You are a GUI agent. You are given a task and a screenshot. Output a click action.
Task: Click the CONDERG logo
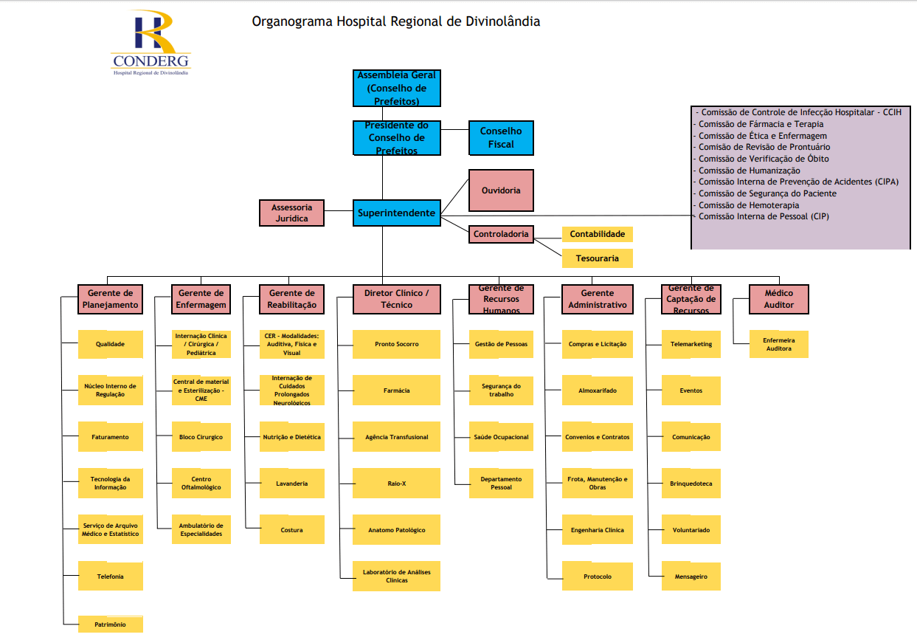tap(150, 43)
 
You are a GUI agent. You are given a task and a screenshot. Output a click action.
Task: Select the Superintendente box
tap(397, 213)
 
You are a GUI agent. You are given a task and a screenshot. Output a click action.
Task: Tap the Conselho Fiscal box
tap(501, 137)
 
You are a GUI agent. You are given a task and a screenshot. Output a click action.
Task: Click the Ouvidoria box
tap(501, 190)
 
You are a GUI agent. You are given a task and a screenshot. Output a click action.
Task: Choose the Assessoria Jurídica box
tap(291, 213)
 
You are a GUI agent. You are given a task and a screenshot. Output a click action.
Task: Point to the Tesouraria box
tap(598, 258)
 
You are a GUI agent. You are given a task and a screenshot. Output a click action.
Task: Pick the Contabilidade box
tap(598, 234)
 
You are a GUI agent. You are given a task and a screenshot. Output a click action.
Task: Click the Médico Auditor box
tap(778, 299)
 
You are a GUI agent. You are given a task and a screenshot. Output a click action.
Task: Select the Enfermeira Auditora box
tap(778, 344)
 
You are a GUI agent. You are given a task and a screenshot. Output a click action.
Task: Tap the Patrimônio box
tap(111, 624)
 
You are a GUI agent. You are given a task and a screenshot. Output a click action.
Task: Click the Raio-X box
tap(396, 483)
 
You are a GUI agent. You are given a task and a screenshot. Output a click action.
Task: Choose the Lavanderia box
tap(292, 483)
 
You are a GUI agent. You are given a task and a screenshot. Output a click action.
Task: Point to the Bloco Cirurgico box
tap(201, 437)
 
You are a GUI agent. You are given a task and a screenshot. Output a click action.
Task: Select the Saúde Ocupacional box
tap(501, 437)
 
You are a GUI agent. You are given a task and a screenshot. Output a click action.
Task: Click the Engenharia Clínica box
tap(598, 530)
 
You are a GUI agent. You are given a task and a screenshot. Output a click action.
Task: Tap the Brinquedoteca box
tap(691, 483)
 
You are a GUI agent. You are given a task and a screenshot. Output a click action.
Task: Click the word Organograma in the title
tap(292, 21)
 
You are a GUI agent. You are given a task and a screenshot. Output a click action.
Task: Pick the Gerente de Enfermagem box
tap(201, 299)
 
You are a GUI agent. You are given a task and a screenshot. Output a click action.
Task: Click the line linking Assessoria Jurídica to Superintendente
tap(339, 211)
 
